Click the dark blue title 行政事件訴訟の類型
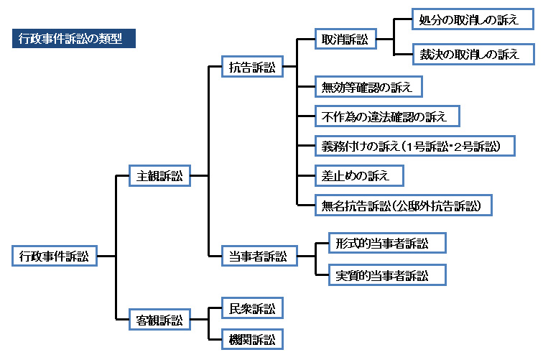click(74, 39)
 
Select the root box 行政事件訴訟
click(55, 255)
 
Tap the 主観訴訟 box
click(159, 175)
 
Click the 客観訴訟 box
click(159, 319)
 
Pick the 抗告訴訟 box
click(251, 68)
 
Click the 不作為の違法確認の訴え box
click(386, 116)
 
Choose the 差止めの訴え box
click(359, 175)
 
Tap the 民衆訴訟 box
click(251, 309)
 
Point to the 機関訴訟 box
click(251, 338)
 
